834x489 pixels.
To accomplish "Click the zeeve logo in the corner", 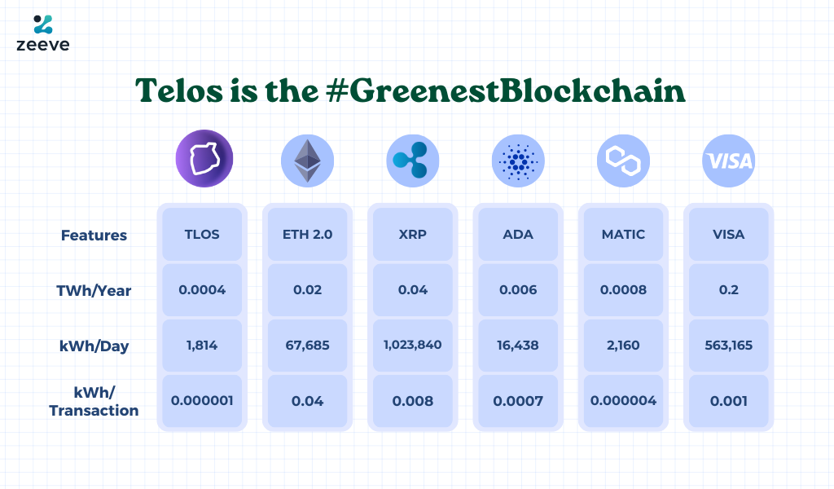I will pyautogui.click(x=42, y=33).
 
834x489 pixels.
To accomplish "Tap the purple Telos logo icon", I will pyautogui.click(x=204, y=160).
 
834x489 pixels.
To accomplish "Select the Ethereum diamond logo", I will pyautogui.click(x=307, y=160).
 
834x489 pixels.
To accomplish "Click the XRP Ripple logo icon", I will pyautogui.click(x=412, y=161).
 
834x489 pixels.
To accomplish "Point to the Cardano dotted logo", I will pyautogui.click(x=518, y=161).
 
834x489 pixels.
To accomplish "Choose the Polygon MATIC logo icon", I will pyautogui.click(x=623, y=161).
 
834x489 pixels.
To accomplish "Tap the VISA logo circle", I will pyautogui.click(x=729, y=161).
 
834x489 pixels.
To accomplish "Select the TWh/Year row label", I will pyautogui.click(x=94, y=290).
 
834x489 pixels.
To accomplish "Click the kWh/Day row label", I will pyautogui.click(x=94, y=346).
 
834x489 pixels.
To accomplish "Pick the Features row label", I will pyautogui.click(x=94, y=236).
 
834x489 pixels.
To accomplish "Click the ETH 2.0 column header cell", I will pyautogui.click(x=307, y=235).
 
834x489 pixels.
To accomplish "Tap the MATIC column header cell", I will pyautogui.click(x=623, y=235).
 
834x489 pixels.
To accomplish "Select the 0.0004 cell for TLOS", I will pyautogui.click(x=202, y=290).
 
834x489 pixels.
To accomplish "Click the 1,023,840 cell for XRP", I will pyautogui.click(x=412, y=345).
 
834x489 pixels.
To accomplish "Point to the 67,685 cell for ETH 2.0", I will pyautogui.click(x=307, y=346).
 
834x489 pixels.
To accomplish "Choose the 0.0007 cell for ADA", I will pyautogui.click(x=518, y=401).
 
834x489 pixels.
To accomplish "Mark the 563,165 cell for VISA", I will pyautogui.click(x=729, y=346).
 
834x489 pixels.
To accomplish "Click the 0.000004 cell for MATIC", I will pyautogui.click(x=623, y=401).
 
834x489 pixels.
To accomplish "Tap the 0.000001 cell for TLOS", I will pyautogui.click(x=202, y=401).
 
